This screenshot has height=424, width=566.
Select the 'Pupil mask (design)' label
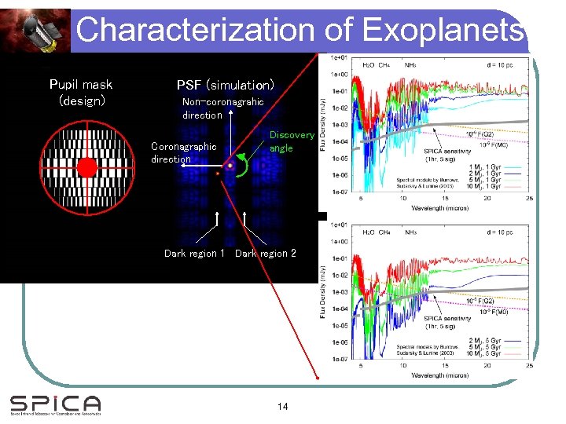(80, 92)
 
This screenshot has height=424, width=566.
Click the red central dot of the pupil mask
(86, 167)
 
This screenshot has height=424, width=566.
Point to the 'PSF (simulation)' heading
(225, 84)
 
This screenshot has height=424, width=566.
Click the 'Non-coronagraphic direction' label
(222, 108)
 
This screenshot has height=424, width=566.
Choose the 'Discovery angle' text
(291, 141)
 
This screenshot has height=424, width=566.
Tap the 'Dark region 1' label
(194, 253)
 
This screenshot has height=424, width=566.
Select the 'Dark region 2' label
(266, 253)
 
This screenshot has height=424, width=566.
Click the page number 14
(283, 406)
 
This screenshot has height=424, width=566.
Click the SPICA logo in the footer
(55, 404)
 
